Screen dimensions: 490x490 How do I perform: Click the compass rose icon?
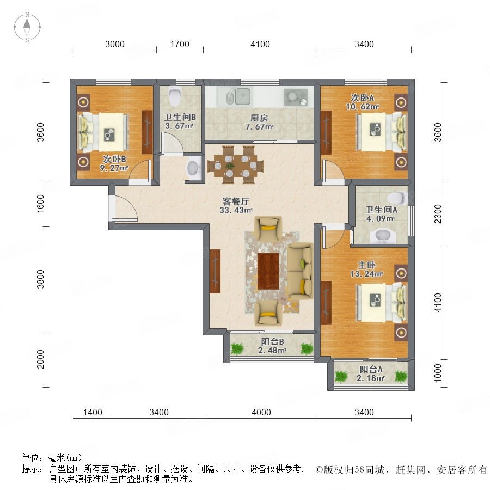(x=27, y=27)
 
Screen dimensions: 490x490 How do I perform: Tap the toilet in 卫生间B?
(x=174, y=96)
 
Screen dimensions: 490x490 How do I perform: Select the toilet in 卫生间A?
(x=397, y=198)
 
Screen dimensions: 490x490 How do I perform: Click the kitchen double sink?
(x=238, y=96)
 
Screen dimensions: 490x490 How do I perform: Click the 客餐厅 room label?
(x=236, y=201)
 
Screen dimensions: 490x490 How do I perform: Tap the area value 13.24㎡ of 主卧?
(x=366, y=274)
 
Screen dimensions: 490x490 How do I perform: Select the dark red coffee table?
(x=268, y=271)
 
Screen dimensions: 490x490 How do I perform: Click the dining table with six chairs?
(x=236, y=164)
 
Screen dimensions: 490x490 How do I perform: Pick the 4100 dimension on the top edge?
(x=260, y=44)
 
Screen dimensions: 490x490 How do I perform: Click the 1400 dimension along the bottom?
(x=93, y=412)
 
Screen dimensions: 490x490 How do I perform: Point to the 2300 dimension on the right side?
(x=438, y=214)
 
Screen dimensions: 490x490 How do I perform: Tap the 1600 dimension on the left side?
(x=41, y=204)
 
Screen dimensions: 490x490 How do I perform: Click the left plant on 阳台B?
(x=237, y=348)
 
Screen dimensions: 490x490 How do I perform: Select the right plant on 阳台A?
(x=401, y=376)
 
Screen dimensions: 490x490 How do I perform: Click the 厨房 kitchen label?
(x=259, y=118)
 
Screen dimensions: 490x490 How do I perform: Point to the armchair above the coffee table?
(x=268, y=228)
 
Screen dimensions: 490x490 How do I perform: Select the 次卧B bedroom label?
(x=114, y=159)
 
